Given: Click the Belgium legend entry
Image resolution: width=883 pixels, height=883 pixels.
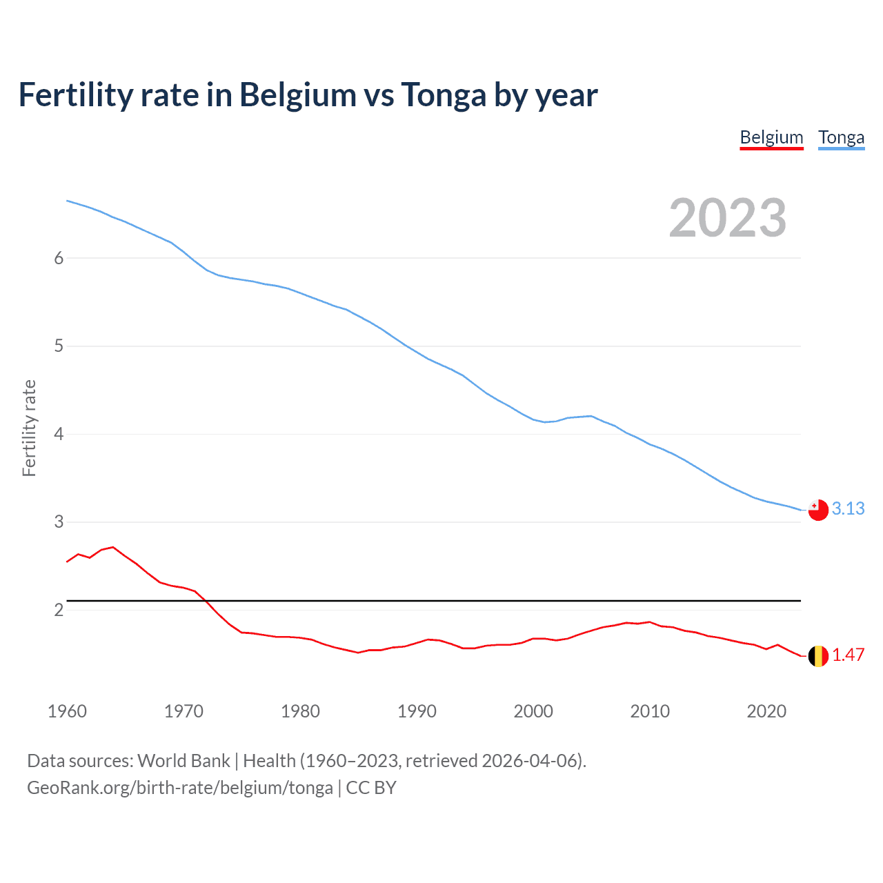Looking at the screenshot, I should click(771, 137).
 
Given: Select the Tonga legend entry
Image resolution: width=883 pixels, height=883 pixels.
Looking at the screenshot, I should click(841, 137).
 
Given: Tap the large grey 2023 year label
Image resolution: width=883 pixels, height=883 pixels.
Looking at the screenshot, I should click(727, 218).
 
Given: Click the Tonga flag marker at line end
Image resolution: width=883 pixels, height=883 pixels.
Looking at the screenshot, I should click(818, 510).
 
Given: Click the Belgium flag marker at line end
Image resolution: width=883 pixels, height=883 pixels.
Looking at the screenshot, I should click(818, 655).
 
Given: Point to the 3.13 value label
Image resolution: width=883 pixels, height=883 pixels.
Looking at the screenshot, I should click(848, 509).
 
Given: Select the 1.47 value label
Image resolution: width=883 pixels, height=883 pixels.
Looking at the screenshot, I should click(848, 655).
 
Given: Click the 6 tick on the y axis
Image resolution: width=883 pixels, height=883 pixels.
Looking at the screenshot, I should click(59, 258).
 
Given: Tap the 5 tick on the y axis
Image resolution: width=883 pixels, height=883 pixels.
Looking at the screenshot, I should click(59, 346).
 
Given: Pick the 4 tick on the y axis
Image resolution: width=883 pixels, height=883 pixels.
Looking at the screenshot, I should click(59, 434).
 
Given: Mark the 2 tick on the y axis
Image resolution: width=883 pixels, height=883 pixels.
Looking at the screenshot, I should click(59, 610).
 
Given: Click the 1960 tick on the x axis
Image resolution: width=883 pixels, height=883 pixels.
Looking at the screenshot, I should click(67, 711).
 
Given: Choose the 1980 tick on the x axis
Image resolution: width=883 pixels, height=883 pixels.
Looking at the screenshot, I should click(300, 711).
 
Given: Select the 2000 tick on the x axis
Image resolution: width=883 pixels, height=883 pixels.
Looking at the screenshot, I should click(533, 711).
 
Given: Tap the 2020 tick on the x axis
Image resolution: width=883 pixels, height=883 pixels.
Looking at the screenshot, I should click(766, 711).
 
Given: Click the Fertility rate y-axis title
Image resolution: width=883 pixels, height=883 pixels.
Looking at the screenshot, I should click(29, 428).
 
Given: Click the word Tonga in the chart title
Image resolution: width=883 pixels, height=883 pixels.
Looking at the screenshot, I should click(444, 95).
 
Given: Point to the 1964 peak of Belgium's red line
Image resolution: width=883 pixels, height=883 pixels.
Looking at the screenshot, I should click(113, 547).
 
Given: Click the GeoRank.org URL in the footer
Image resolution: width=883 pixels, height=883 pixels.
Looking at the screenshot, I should click(179, 788).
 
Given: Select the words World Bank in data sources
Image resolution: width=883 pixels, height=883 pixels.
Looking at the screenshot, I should click(183, 761).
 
